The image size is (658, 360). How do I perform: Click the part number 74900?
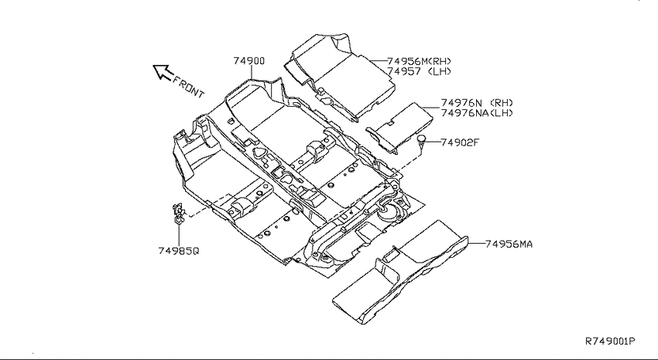pos(249,61)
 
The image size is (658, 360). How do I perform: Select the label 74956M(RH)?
pos(420,61)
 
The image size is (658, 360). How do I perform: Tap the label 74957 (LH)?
pos(420,71)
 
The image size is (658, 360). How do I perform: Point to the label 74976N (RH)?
pos(477,103)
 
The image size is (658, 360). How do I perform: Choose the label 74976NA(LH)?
pos(477,113)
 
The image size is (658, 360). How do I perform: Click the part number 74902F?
pos(460,142)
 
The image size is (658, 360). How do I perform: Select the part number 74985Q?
pos(179,251)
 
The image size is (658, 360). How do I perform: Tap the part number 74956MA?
pos(509,244)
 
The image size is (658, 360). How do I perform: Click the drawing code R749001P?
pos(610,341)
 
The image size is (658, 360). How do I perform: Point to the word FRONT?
pos(188,87)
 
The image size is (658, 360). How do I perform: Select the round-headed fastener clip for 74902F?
pos(421,142)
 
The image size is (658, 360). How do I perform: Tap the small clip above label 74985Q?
pos(178,213)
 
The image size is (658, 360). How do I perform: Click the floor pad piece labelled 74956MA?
pos(400,273)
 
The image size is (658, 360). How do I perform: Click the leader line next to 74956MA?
pos(476,243)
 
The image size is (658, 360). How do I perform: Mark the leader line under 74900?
pos(251,72)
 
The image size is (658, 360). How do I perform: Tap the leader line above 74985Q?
pos(179,235)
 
